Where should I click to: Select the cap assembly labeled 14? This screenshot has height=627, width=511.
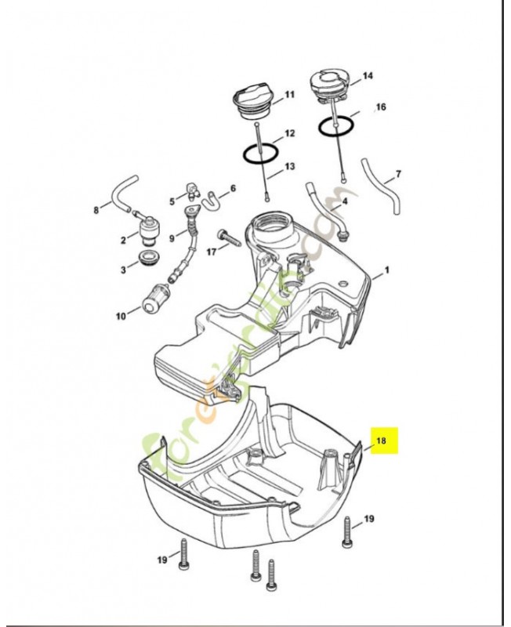click(328, 85)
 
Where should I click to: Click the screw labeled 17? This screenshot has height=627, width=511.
click(223, 236)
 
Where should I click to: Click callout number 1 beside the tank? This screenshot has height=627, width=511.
click(385, 275)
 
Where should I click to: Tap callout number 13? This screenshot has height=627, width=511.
click(290, 166)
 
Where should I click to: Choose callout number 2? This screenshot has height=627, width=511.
click(124, 239)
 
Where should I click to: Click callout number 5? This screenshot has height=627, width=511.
click(172, 201)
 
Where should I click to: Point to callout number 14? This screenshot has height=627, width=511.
click(368, 77)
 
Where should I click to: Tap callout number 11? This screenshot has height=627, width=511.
click(289, 95)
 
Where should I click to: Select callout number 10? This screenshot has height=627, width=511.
click(121, 317)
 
